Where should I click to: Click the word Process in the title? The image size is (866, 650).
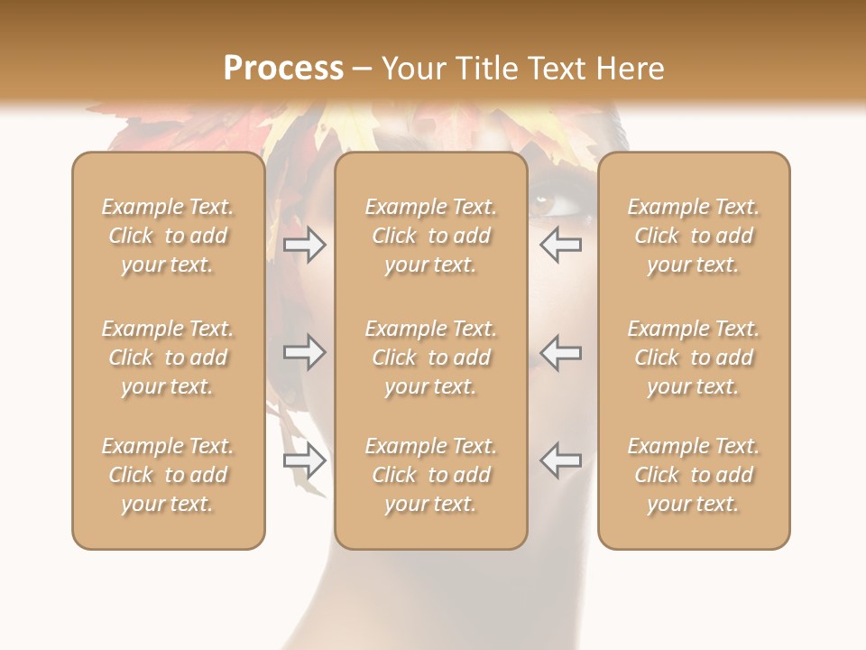(283, 69)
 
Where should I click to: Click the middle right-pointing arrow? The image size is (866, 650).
(304, 352)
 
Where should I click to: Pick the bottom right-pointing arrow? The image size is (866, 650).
(304, 461)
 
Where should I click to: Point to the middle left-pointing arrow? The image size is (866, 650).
(561, 352)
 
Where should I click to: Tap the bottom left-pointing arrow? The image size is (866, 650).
(561, 461)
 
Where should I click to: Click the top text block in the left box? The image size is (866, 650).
(168, 236)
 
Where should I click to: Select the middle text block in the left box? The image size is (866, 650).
(168, 357)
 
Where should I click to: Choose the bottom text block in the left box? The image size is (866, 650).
(168, 475)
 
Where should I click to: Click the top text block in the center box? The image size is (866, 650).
(430, 236)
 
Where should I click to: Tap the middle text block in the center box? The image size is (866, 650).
(430, 357)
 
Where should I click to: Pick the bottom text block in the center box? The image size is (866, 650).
(430, 475)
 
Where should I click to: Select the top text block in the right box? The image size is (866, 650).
(693, 236)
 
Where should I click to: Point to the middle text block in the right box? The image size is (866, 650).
(693, 357)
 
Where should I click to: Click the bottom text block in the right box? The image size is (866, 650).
(693, 475)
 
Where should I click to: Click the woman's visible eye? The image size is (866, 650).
(545, 204)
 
